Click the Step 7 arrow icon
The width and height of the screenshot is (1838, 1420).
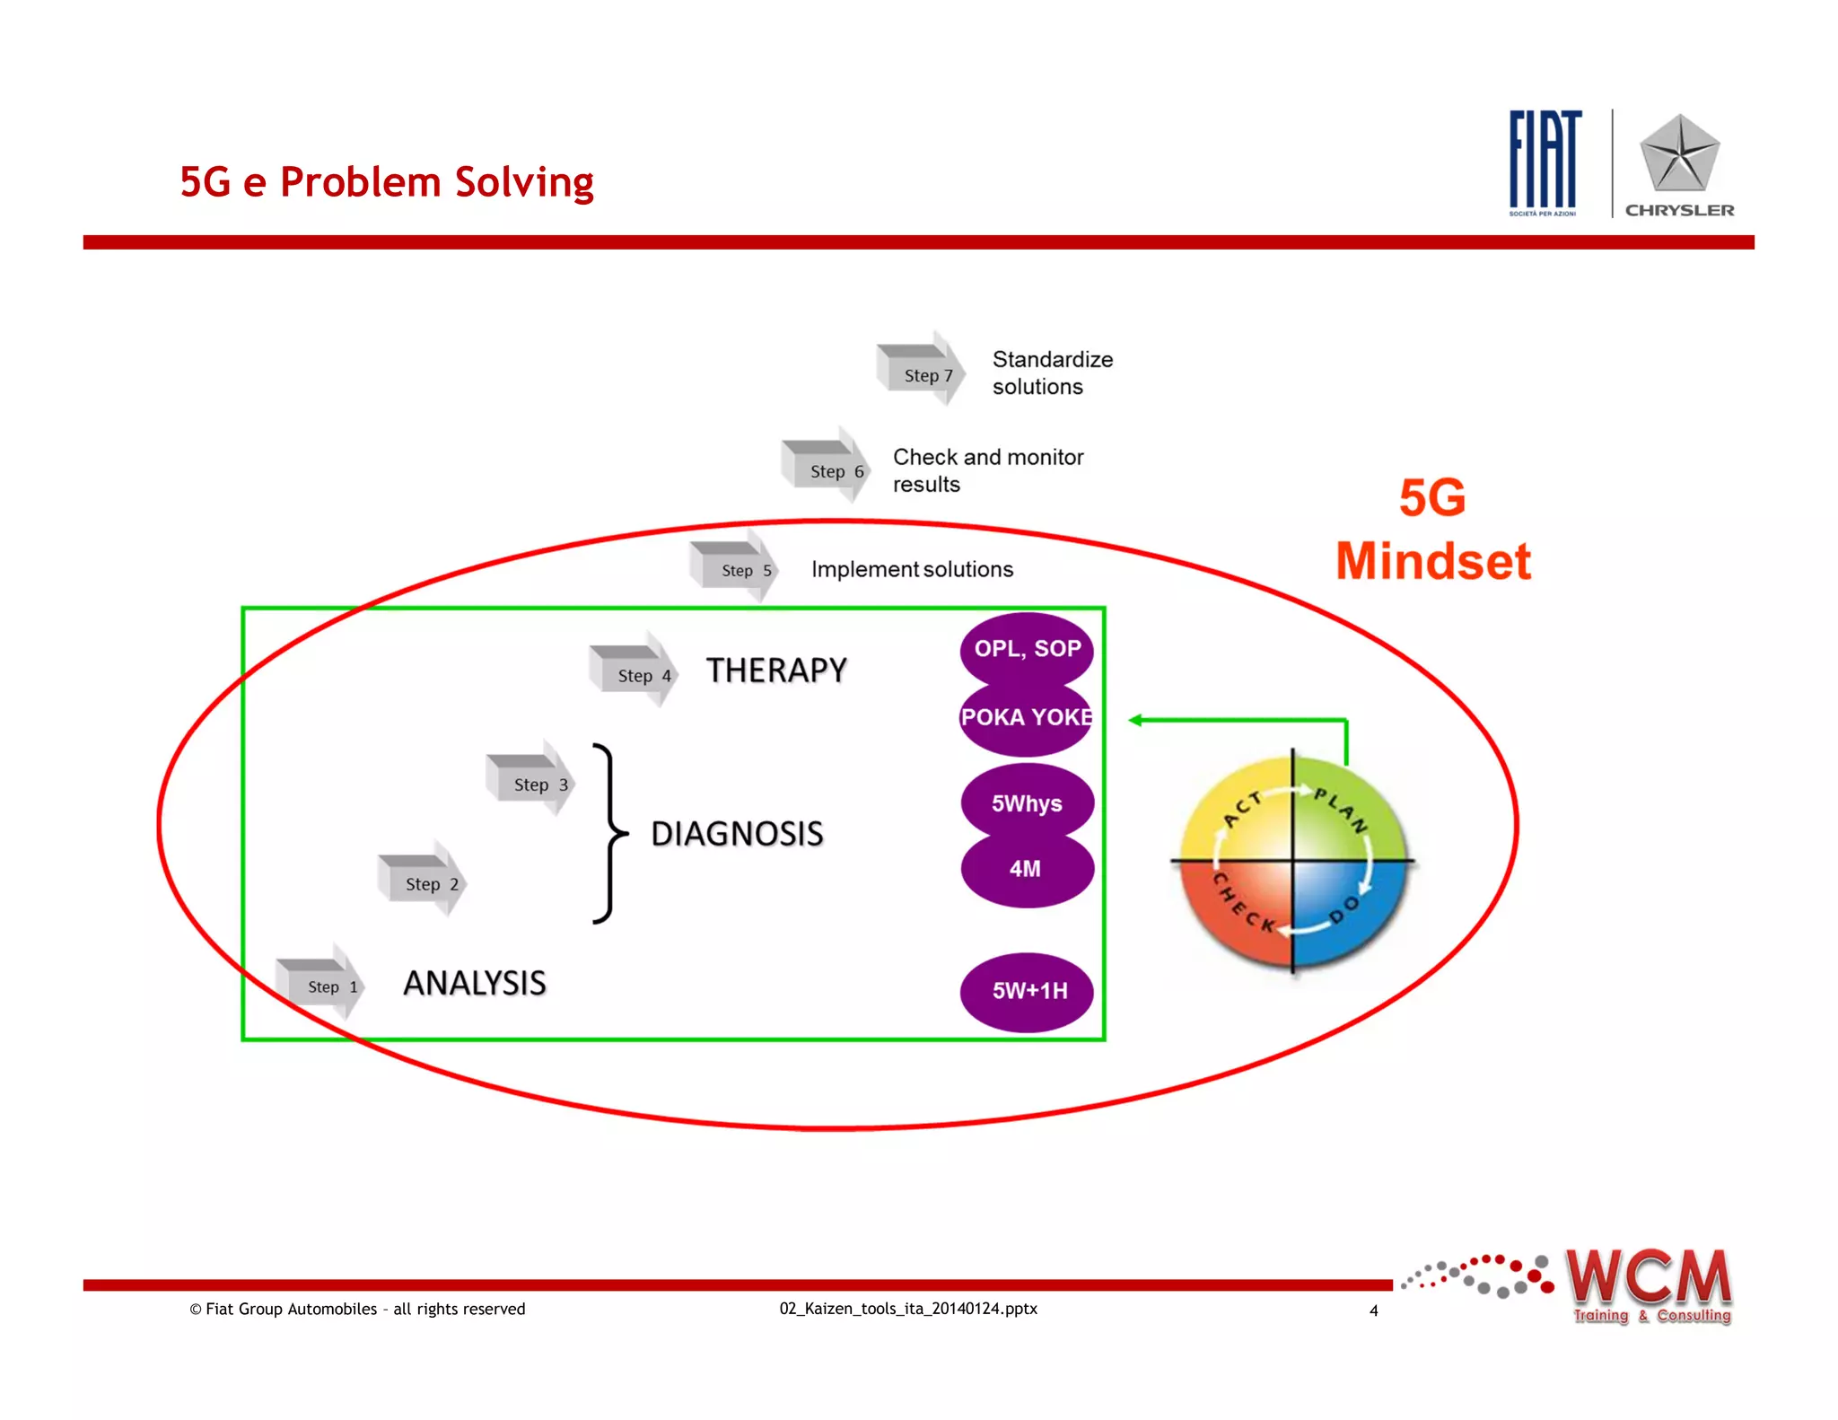pos(921,369)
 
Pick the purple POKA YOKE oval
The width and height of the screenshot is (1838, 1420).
pos(1026,718)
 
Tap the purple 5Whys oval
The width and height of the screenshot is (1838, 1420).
pos(1027,802)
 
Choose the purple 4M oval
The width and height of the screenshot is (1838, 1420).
pos(1027,869)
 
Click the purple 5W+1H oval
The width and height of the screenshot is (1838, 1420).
pos(1028,991)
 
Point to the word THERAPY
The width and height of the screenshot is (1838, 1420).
pos(776,671)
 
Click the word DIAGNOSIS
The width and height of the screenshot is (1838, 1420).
pos(737,834)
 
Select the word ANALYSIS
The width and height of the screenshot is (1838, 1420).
pos(475,983)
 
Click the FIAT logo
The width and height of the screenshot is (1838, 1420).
pos(1544,162)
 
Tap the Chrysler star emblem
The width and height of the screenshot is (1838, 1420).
pos(1679,154)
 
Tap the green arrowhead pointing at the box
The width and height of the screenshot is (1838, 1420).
pos(1136,720)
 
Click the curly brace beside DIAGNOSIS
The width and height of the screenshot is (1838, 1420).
pos(609,833)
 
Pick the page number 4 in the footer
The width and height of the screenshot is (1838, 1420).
pos(1373,1310)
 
